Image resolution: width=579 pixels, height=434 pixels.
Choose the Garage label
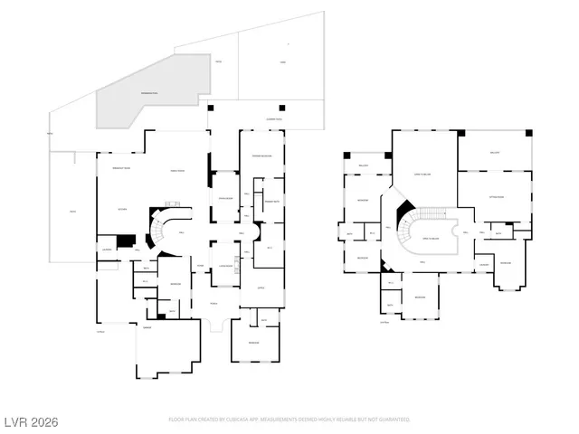pyautogui.click(x=147, y=329)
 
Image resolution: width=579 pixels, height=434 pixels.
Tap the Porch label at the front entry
pyautogui.click(x=214, y=304)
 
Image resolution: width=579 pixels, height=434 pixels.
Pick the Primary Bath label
pyautogui.click(x=271, y=202)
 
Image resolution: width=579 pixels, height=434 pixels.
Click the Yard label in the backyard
pyautogui.click(x=282, y=62)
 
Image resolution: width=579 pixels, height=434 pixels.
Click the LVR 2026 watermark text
pyautogui.click(x=31, y=421)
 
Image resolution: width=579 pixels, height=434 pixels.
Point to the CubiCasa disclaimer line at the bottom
pyautogui.click(x=289, y=420)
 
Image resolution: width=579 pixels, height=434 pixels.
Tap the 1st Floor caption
pyautogui.click(x=101, y=332)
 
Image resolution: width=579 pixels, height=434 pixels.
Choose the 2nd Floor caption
pyautogui.click(x=384, y=322)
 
